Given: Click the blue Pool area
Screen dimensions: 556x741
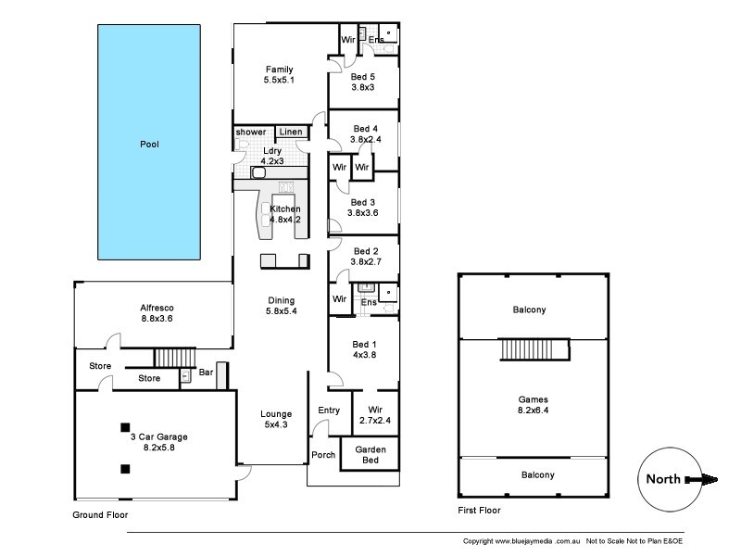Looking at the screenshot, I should click(149, 144).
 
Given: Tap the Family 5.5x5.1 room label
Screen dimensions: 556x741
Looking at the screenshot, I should click(279, 75).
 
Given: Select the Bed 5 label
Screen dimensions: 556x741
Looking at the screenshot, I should click(363, 82).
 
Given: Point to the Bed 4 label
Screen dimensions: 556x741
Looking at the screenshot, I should click(363, 134).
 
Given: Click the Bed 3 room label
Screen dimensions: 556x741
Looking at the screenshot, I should click(363, 207).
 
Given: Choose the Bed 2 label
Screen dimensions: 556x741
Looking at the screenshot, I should click(363, 257).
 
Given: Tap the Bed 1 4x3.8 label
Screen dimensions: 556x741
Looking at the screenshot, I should click(363, 348).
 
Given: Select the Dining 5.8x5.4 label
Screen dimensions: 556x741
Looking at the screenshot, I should click(281, 306).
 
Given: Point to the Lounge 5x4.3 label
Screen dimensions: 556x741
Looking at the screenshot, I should click(276, 420).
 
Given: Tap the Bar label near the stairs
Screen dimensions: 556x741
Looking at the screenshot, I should click(206, 373).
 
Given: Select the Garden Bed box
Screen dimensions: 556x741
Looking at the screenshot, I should click(370, 455).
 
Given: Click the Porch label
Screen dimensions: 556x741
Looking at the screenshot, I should click(323, 454).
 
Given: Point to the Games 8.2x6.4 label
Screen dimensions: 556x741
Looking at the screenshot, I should click(535, 405).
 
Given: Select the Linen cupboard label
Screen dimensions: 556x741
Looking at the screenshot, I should click(291, 133).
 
